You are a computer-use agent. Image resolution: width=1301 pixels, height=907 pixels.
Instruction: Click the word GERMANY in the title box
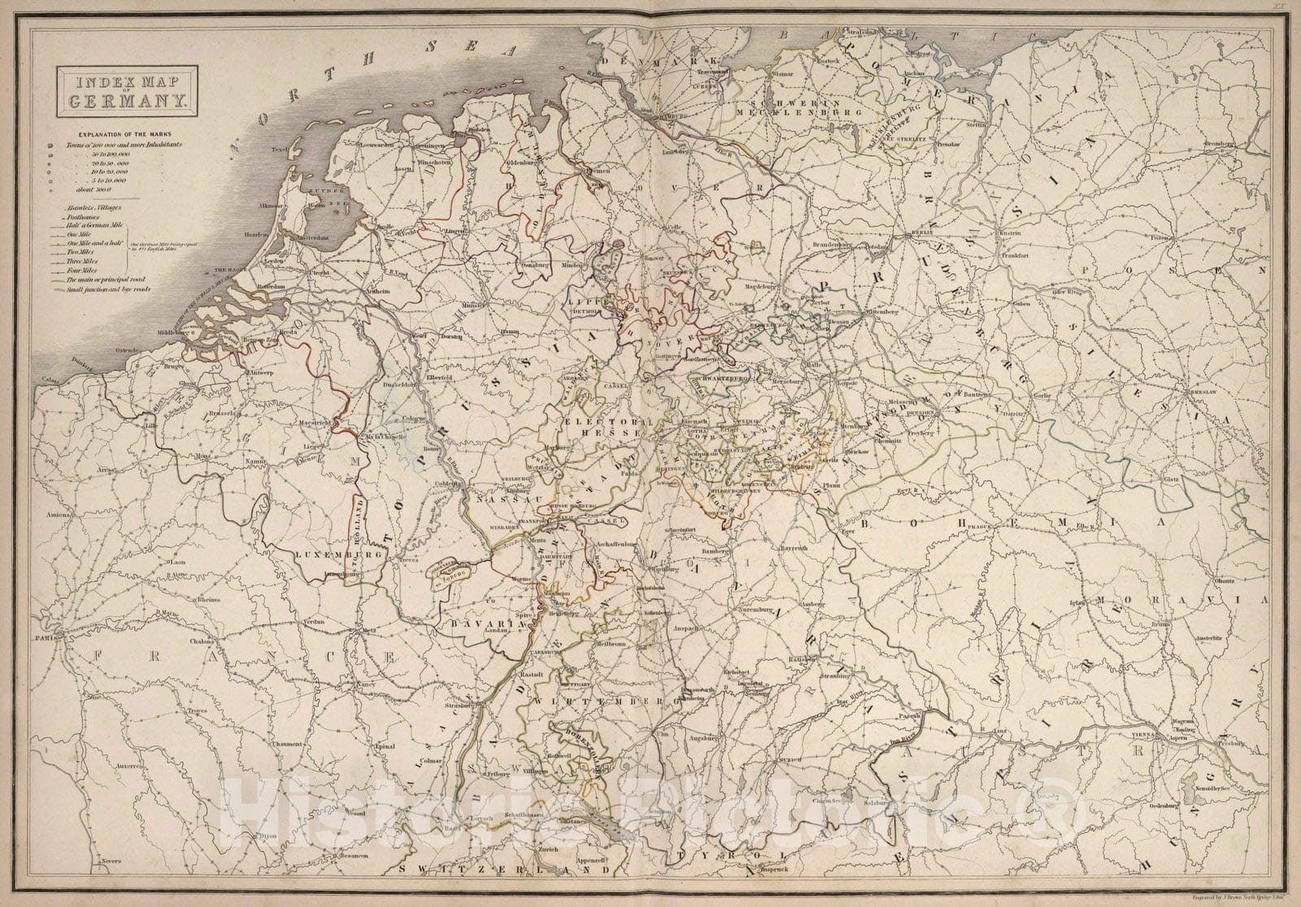[x=121, y=101]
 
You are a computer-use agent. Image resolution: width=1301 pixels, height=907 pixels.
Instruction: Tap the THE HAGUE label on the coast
[x=229, y=269]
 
